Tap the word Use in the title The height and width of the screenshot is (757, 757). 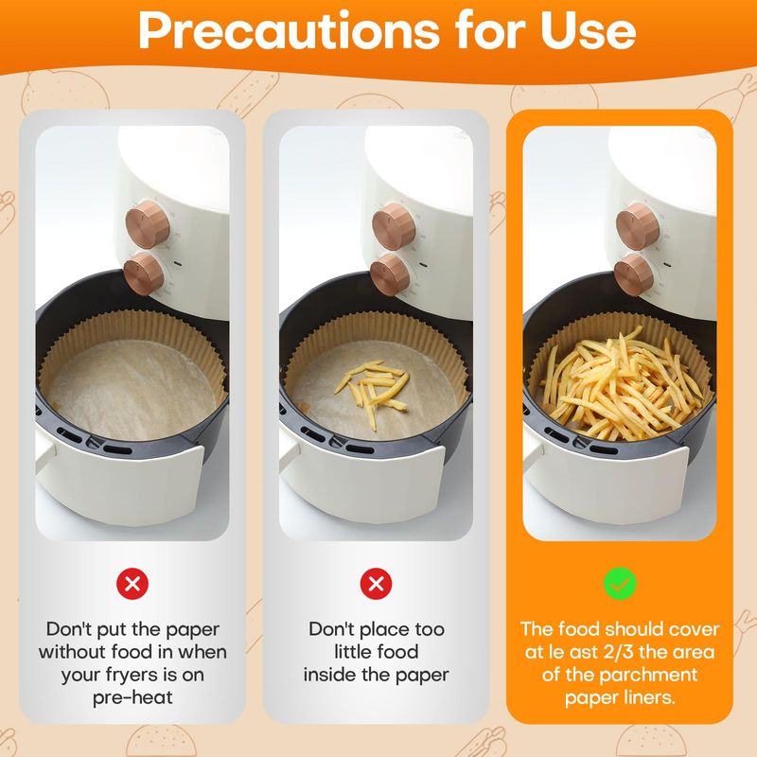pyautogui.click(x=588, y=31)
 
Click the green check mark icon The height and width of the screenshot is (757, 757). pyautogui.click(x=620, y=584)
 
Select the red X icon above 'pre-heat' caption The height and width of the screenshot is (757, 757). pyautogui.click(x=132, y=584)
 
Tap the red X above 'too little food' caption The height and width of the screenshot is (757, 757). pyautogui.click(x=376, y=584)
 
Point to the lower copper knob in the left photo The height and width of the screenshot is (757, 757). pyautogui.click(x=144, y=273)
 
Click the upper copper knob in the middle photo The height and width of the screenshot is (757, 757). pyautogui.click(x=394, y=226)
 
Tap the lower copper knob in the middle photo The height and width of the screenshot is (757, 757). pyautogui.click(x=390, y=274)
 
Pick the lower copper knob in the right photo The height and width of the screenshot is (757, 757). pyautogui.click(x=634, y=274)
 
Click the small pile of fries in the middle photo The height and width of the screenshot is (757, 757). pyautogui.click(x=372, y=390)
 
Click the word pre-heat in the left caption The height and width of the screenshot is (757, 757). pyautogui.click(x=132, y=697)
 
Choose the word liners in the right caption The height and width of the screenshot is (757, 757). pyautogui.click(x=648, y=697)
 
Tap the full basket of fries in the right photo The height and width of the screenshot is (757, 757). pyautogui.click(x=622, y=384)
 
